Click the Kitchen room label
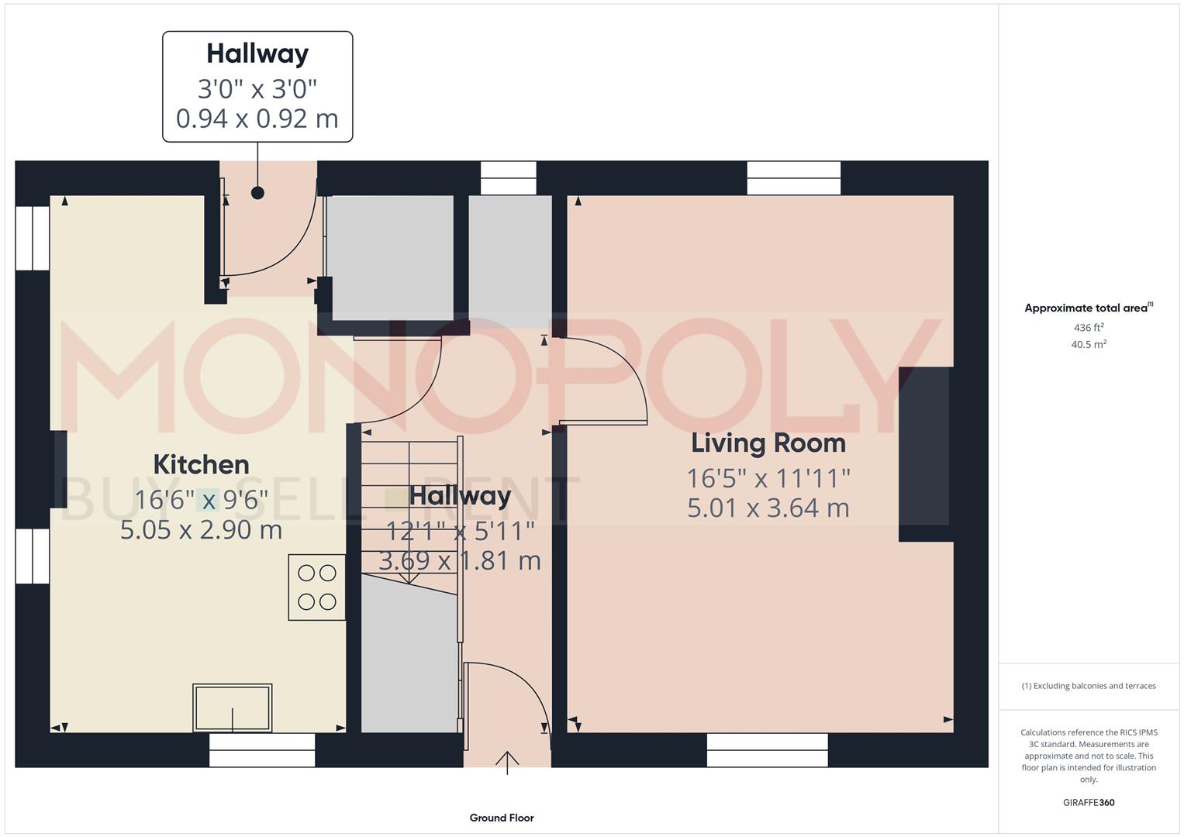coord(201,465)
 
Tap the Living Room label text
coord(768,443)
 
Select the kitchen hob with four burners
coord(317,587)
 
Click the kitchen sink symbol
coord(233,707)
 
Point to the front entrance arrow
coord(507,763)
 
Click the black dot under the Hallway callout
coord(257,193)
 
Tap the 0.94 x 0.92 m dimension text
coord(257,119)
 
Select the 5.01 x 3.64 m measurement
coord(768,508)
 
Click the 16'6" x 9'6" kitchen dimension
coord(201,500)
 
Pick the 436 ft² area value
coord(1089,328)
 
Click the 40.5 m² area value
coord(1089,345)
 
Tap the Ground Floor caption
coord(502,818)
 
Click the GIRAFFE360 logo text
coord(1089,802)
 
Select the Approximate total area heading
coord(1088,308)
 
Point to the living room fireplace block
coord(924,454)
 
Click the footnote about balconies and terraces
coord(1089,686)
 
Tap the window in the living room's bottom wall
coord(767,749)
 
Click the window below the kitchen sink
coord(262,749)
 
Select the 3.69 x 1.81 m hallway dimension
coord(459,560)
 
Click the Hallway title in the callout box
coord(257,53)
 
